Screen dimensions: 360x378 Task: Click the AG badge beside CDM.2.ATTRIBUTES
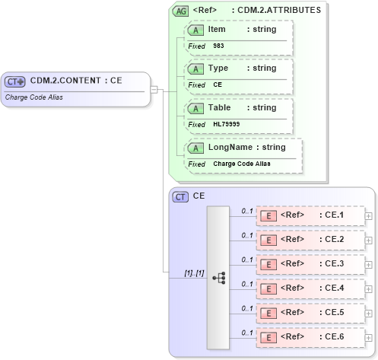(181, 11)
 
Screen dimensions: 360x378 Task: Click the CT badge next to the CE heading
(181, 196)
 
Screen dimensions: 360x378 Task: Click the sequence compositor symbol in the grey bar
(219, 278)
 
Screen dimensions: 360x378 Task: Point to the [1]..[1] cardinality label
(194, 272)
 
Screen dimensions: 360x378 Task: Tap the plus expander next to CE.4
(369, 289)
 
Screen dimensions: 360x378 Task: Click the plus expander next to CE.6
(369, 338)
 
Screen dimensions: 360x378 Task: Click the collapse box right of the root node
(154, 90)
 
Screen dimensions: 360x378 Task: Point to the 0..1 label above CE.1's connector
(246, 210)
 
